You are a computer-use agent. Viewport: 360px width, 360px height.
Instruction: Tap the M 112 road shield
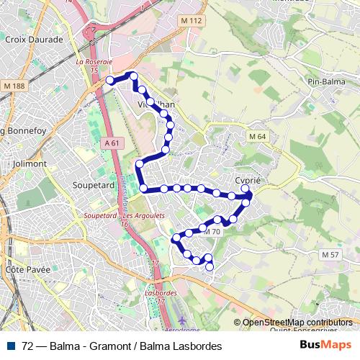point(191,21)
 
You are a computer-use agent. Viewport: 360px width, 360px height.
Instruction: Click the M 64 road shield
point(258,137)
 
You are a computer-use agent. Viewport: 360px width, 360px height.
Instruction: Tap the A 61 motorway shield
point(111,143)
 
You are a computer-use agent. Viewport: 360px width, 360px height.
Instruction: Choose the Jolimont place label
point(30,163)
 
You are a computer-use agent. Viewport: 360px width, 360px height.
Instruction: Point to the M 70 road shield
point(212,232)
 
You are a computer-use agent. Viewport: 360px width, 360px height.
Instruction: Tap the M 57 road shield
point(330,255)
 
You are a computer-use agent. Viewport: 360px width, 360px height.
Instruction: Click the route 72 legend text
point(122,346)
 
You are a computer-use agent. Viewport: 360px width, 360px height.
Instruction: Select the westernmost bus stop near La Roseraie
point(110,80)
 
